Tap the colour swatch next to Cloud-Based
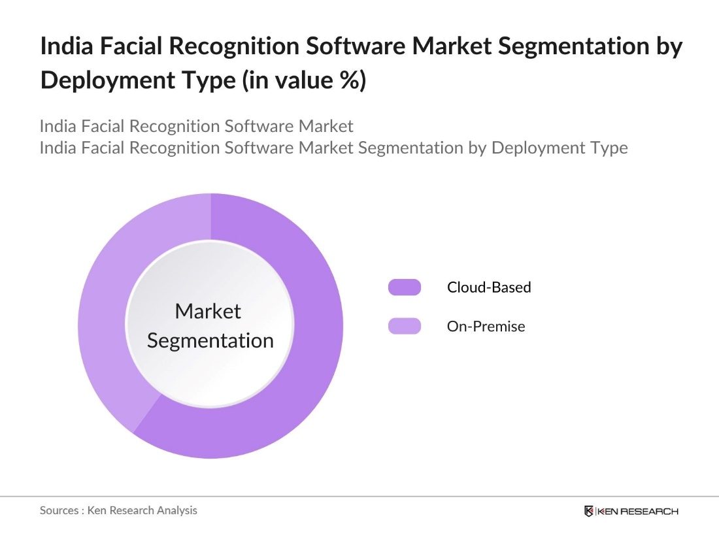(405, 287)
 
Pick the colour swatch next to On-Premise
(405, 326)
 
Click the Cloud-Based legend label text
(489, 287)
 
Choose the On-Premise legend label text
(486, 326)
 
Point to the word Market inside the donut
(208, 311)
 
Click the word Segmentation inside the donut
(210, 340)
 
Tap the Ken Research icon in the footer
(589, 511)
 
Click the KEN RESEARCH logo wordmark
(638, 511)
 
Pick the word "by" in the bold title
(667, 47)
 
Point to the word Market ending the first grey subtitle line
(326, 126)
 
